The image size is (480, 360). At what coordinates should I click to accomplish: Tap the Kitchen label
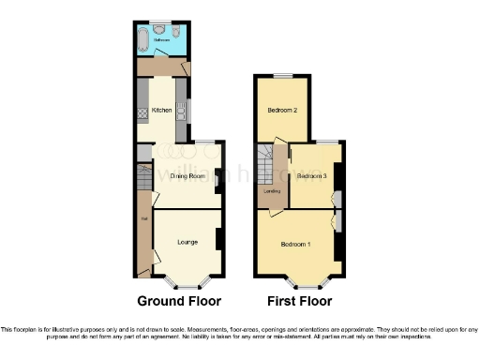tap(161, 111)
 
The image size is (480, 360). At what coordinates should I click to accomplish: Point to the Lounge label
tap(187, 242)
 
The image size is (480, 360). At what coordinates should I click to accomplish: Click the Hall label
tap(143, 220)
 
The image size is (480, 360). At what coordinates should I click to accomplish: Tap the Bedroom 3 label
tap(312, 176)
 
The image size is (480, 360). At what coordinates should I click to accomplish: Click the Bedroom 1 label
tap(295, 245)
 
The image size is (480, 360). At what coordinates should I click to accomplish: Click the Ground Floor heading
tap(179, 302)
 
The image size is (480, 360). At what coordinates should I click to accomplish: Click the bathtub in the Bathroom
tap(142, 40)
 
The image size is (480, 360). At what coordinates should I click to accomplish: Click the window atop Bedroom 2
tap(282, 75)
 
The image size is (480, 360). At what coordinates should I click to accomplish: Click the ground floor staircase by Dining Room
tap(144, 175)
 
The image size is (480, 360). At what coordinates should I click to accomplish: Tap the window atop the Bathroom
tap(163, 23)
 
